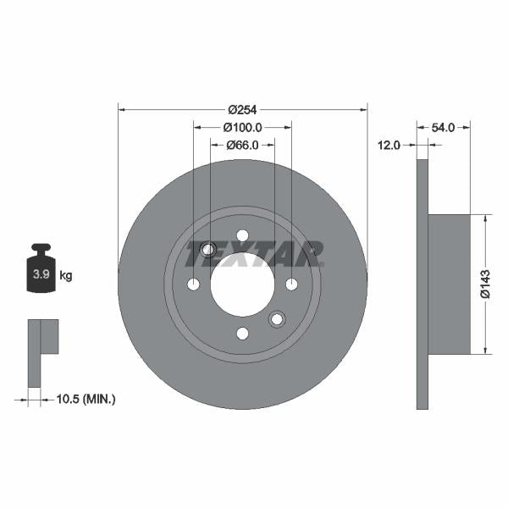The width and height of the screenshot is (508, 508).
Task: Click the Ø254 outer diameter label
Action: tap(242, 109)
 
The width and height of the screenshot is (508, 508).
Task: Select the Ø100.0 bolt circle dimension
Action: tap(243, 127)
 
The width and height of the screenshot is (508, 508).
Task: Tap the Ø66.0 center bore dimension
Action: tap(243, 145)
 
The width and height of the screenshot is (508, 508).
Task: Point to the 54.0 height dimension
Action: tap(444, 127)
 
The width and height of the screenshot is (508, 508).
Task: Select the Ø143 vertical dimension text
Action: tap(485, 284)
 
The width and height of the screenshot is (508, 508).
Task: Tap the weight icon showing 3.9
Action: tap(41, 271)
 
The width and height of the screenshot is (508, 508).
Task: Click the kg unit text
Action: tap(66, 275)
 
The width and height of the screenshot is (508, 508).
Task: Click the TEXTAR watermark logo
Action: tap(255, 251)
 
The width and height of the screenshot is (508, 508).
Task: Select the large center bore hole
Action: tap(242, 284)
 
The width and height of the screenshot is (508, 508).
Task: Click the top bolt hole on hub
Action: tap(242, 235)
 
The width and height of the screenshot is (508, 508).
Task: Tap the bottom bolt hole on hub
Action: tap(242, 333)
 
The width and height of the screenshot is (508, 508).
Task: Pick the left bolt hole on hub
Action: tap(193, 284)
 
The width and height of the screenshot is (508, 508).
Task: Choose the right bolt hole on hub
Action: tap(291, 284)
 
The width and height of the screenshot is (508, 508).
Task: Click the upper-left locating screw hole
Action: tap(208, 249)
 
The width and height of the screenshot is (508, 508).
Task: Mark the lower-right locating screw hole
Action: tap(276, 319)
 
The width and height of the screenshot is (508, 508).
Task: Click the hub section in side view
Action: tap(449, 284)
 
